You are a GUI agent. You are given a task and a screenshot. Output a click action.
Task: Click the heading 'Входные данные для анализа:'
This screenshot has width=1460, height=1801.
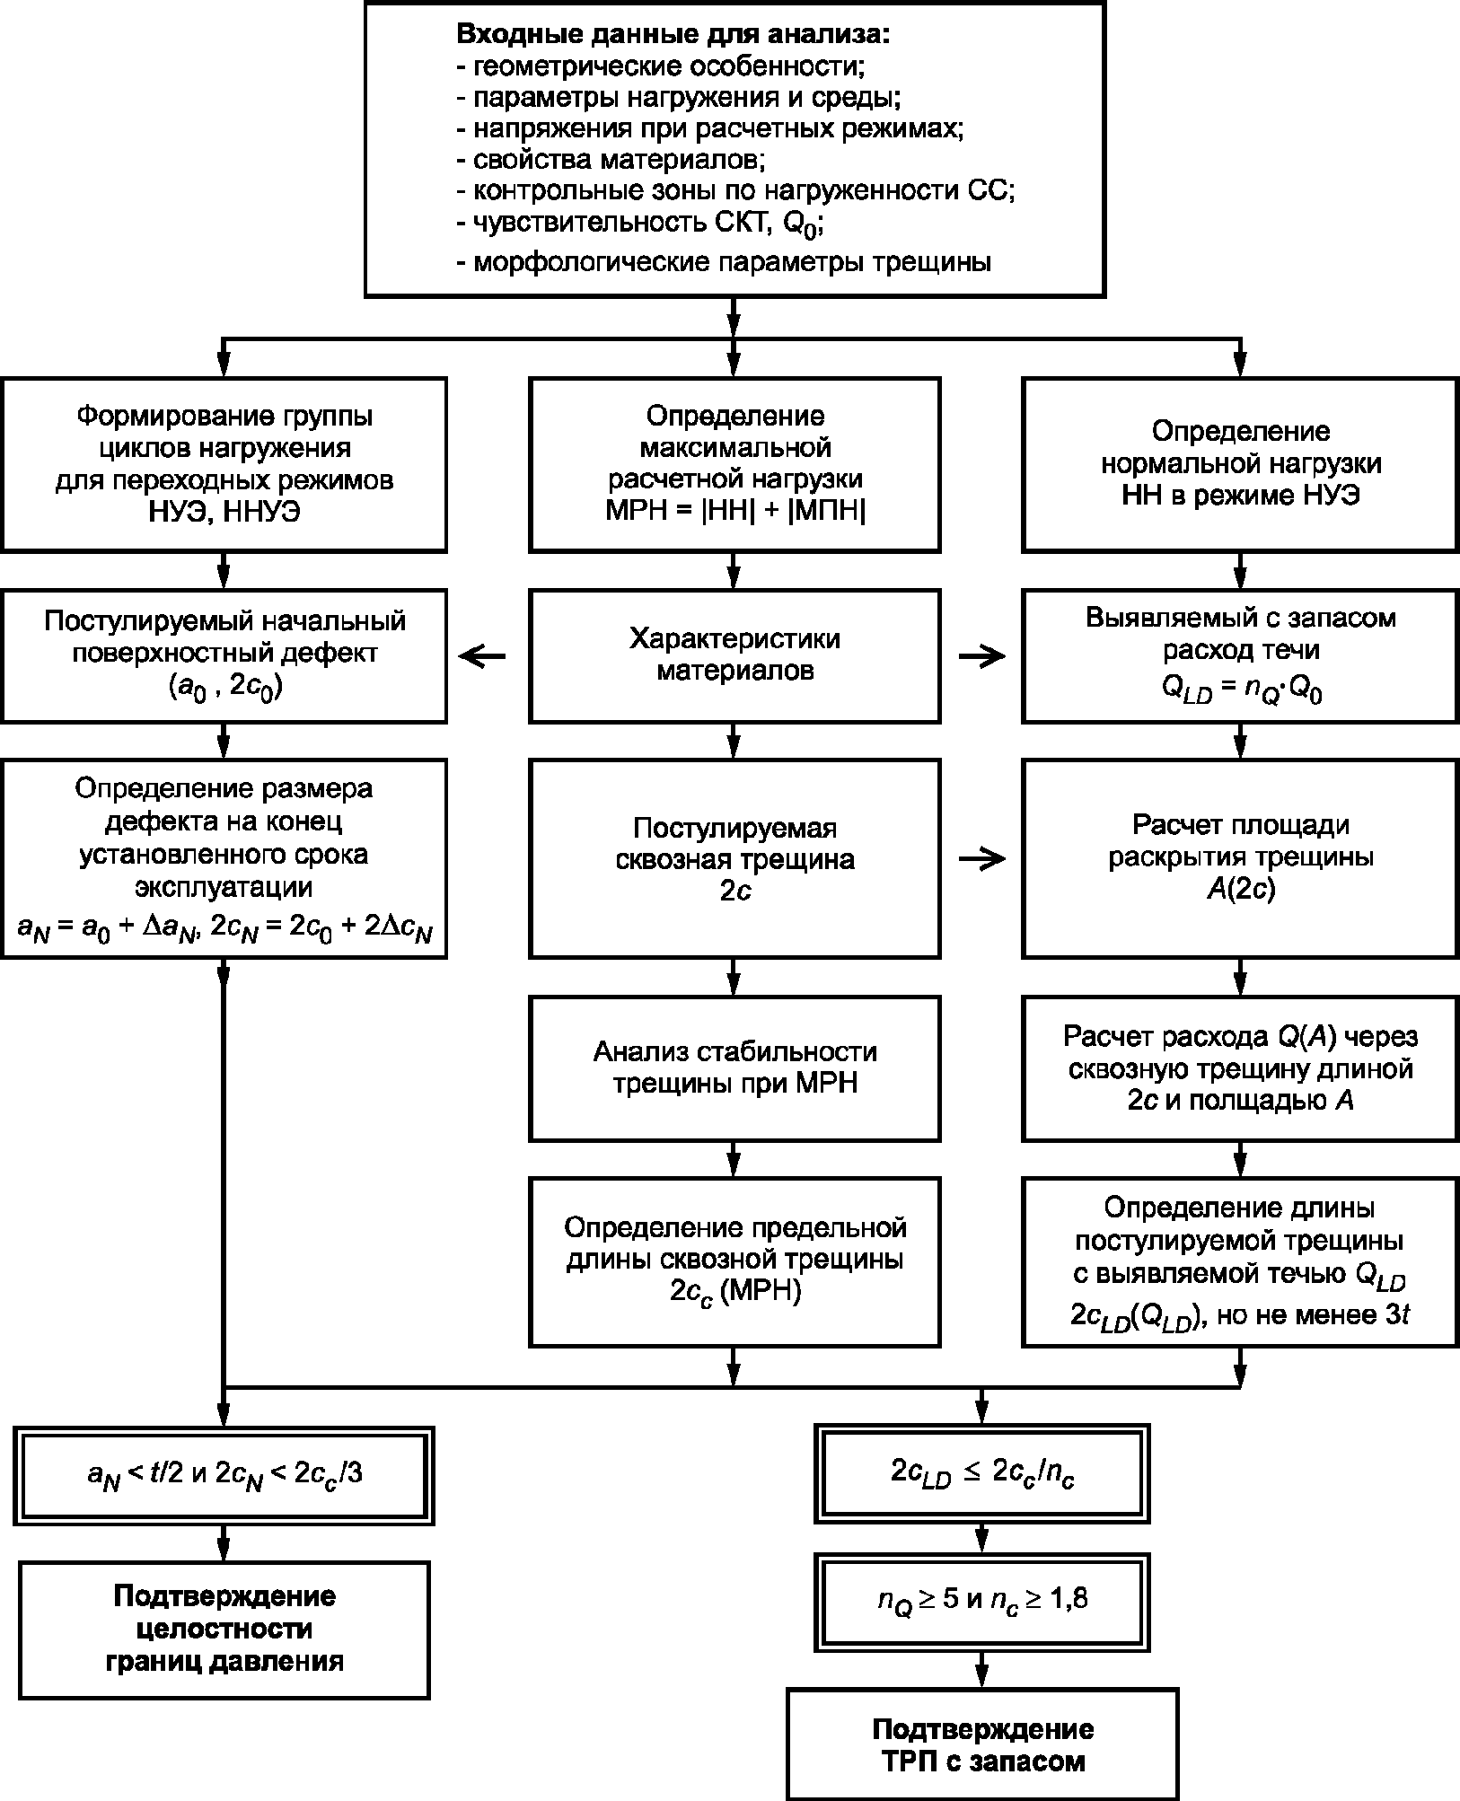(x=673, y=35)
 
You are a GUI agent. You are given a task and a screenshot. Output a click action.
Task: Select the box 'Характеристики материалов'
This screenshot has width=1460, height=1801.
(x=734, y=655)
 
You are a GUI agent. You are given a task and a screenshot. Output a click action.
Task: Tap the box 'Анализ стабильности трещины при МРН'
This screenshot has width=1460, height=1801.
(x=734, y=1067)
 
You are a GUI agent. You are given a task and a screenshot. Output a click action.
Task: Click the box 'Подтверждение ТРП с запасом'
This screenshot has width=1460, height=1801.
(x=982, y=1744)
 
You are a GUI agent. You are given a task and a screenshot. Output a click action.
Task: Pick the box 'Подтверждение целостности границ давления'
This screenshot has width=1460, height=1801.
(x=224, y=1629)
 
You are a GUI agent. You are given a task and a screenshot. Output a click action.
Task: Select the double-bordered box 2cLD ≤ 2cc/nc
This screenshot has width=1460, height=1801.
(x=982, y=1473)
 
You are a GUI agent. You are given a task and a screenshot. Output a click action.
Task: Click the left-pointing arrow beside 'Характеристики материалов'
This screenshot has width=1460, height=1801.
(x=482, y=657)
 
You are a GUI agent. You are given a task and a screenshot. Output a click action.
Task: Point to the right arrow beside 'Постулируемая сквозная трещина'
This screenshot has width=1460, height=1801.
(x=982, y=859)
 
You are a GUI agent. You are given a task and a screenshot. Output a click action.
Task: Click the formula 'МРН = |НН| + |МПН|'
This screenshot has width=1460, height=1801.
(x=735, y=511)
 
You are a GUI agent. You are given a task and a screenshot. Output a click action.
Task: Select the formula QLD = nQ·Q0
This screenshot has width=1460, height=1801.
(x=1241, y=692)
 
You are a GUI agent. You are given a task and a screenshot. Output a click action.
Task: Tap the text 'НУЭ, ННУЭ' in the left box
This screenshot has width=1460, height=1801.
(x=224, y=512)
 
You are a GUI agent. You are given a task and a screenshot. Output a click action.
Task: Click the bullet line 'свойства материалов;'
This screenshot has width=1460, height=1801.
(x=611, y=160)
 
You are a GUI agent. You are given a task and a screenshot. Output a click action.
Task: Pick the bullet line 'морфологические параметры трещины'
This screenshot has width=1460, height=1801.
(x=725, y=262)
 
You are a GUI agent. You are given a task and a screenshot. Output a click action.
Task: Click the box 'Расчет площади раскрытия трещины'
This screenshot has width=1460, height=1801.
(x=1240, y=857)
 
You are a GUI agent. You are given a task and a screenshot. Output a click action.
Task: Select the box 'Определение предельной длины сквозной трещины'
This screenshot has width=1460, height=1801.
(x=734, y=1262)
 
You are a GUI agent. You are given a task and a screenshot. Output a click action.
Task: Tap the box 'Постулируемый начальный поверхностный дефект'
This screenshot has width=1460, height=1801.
(x=224, y=655)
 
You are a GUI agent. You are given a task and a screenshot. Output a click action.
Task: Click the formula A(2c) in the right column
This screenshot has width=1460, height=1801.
(x=1240, y=890)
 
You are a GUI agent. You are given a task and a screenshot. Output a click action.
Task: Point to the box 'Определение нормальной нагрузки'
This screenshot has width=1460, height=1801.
(x=1240, y=464)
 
